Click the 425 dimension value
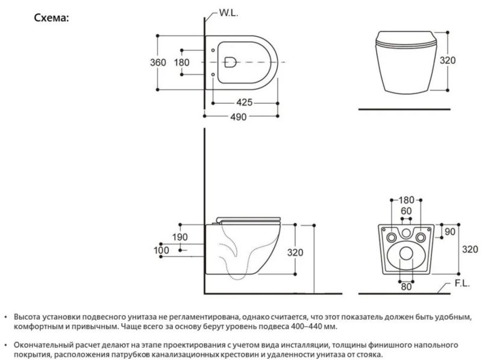coord(244,103)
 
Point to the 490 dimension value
coord(240,117)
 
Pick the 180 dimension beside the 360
coord(181,62)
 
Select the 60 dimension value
coord(405,211)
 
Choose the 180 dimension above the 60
coord(405,200)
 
